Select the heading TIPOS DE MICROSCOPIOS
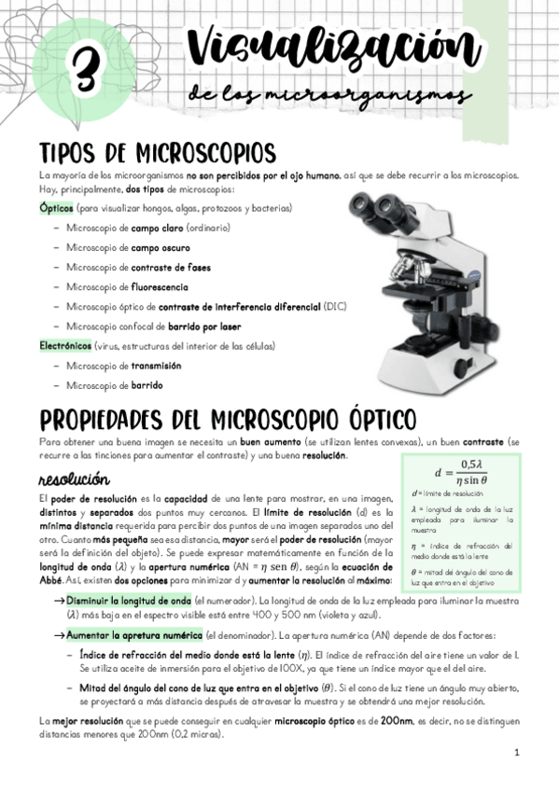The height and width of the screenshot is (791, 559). point(157,152)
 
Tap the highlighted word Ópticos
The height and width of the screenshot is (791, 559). point(56,208)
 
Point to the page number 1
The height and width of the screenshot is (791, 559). point(515,751)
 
